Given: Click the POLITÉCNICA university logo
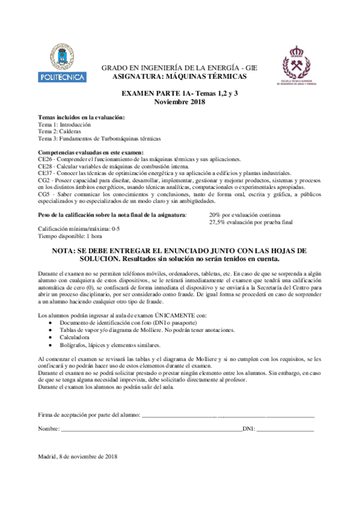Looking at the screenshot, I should coord(58,63).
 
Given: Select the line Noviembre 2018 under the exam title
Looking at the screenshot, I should coord(180,102).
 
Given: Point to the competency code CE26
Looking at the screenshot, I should coord(45,159).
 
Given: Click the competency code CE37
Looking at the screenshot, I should coord(45,173).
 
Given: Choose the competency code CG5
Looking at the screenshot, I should coord(43,195).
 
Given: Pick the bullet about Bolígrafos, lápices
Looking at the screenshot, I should coord(101,345).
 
